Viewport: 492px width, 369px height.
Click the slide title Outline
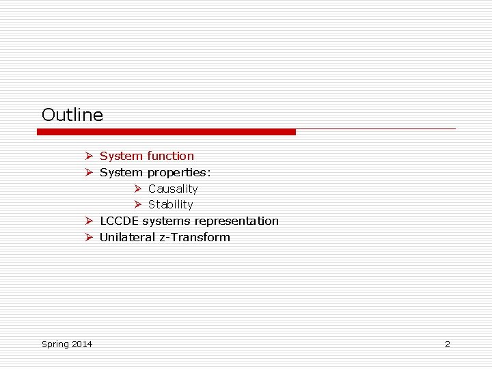(72, 115)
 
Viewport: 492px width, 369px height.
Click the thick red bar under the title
(166, 132)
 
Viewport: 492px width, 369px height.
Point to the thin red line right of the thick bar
(375, 128)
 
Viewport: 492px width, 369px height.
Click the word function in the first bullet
(170, 156)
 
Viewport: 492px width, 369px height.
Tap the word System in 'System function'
(121, 156)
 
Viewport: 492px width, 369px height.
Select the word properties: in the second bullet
(179, 172)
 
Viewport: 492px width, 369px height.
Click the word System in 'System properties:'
(121, 172)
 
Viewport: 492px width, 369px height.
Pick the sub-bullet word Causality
(173, 189)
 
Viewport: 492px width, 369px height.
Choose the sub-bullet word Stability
(171, 204)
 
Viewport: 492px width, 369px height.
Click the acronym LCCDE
(120, 221)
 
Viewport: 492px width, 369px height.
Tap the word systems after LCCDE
(167, 221)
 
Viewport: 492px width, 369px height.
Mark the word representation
(236, 221)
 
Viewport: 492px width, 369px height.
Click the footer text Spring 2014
(67, 344)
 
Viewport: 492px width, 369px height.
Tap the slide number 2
(448, 344)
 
